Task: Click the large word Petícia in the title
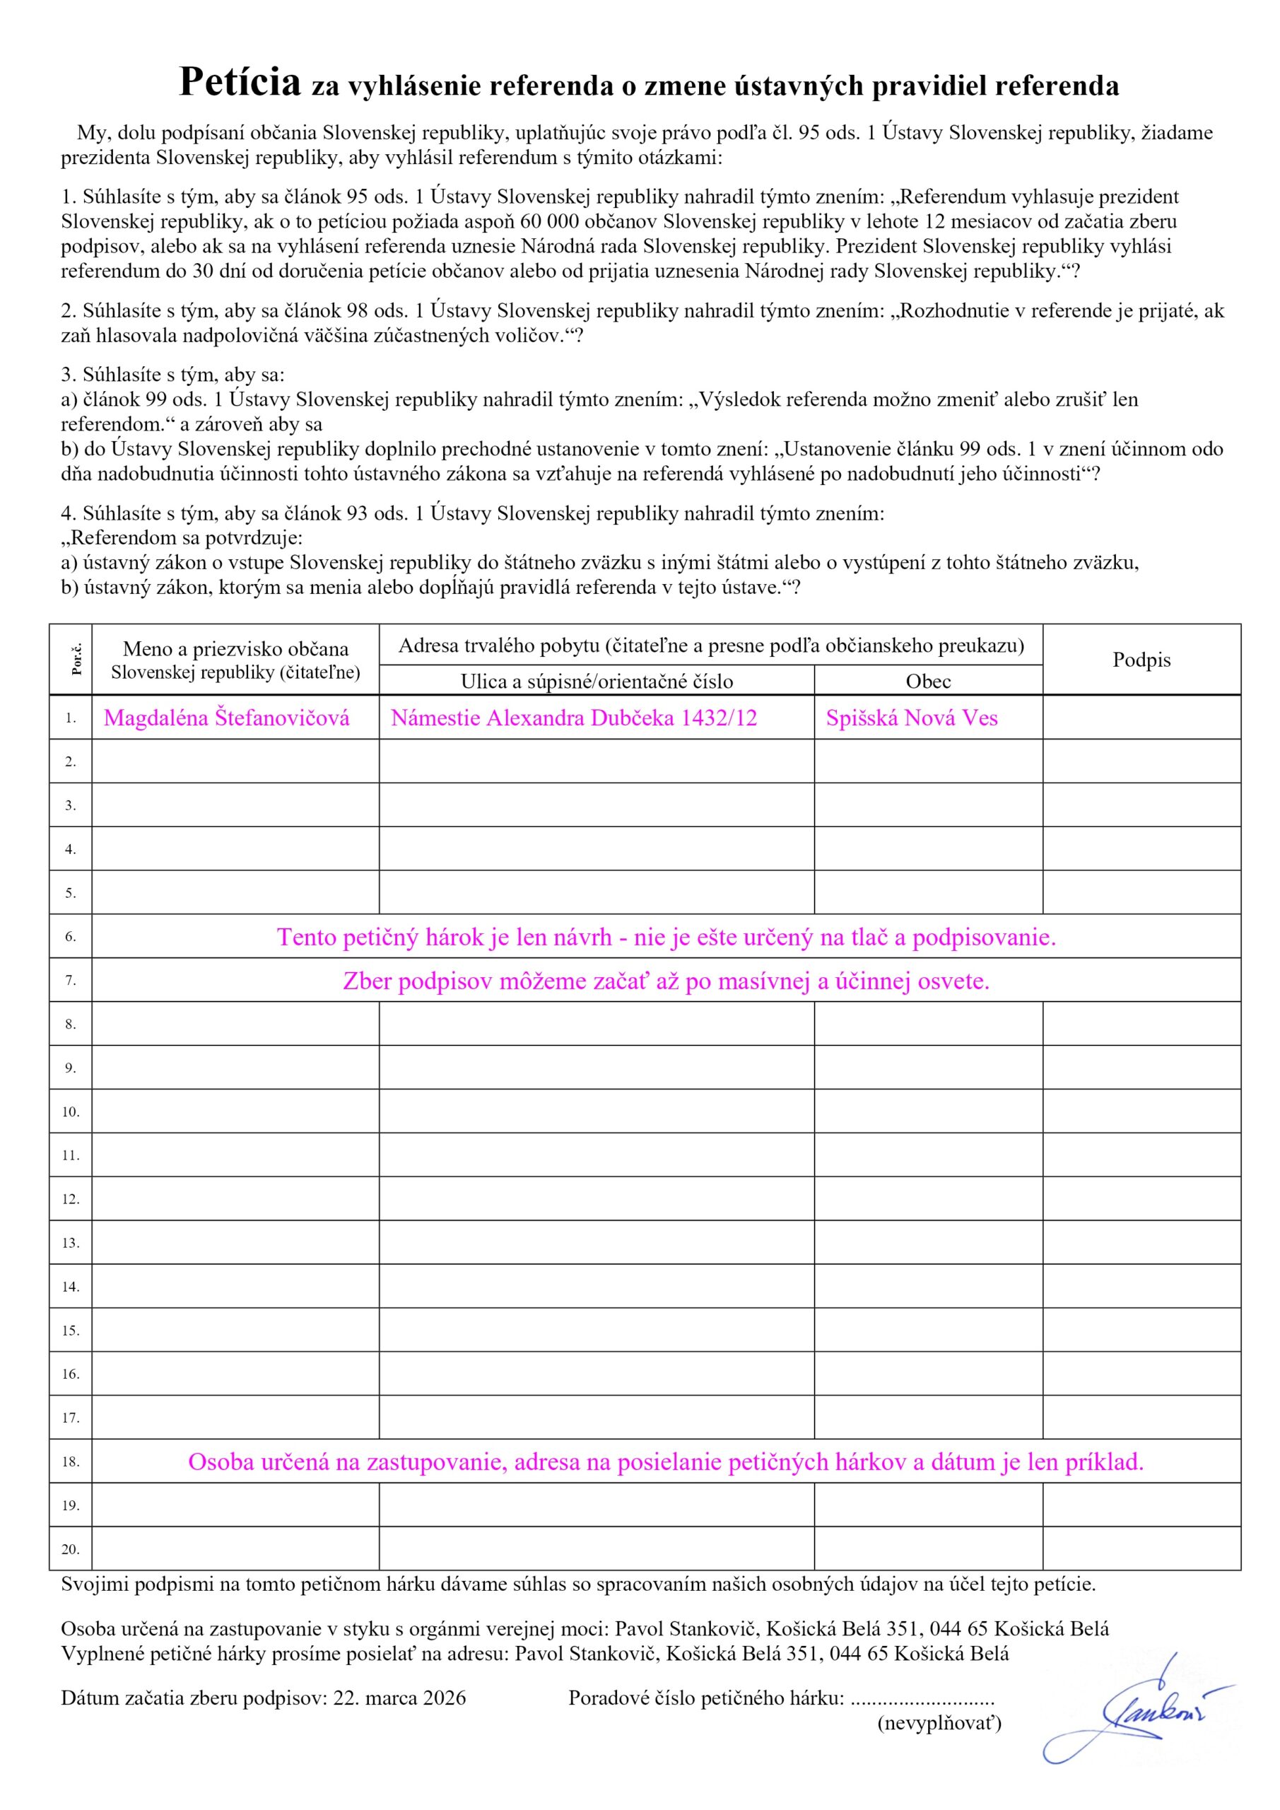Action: click(240, 82)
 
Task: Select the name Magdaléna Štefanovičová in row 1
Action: click(226, 718)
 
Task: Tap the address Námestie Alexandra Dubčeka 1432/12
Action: click(573, 718)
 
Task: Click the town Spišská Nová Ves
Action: click(911, 718)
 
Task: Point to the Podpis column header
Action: click(1141, 660)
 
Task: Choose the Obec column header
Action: click(928, 681)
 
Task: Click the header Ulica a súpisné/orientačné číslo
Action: click(596, 681)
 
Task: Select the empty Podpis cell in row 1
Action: click(1141, 718)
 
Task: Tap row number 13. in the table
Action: click(70, 1243)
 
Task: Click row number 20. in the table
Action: click(70, 1550)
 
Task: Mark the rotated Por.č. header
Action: click(76, 660)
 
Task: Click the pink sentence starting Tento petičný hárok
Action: click(665, 938)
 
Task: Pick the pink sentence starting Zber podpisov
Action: click(665, 981)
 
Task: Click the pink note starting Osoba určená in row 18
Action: click(665, 1462)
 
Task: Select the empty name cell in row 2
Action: click(235, 761)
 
